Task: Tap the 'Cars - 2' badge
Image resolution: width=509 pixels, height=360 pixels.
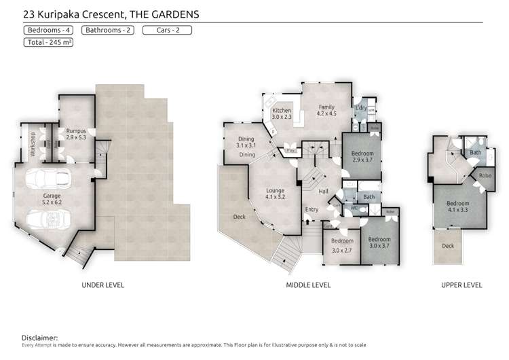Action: point(167,30)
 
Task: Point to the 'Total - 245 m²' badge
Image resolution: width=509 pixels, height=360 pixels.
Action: point(49,42)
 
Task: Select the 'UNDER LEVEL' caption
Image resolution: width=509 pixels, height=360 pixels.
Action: point(102,285)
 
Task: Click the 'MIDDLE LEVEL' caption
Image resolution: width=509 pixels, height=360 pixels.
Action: point(308,285)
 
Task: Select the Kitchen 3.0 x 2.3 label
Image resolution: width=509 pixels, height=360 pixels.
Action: point(282,114)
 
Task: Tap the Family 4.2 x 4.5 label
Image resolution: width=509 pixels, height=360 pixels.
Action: point(327,111)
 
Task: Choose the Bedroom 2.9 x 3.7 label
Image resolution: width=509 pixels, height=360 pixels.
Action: point(362,157)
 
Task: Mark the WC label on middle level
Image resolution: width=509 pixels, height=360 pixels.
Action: point(354,209)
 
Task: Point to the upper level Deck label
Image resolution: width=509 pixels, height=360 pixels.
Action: point(447,247)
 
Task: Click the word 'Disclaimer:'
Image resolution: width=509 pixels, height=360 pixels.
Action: point(39,338)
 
